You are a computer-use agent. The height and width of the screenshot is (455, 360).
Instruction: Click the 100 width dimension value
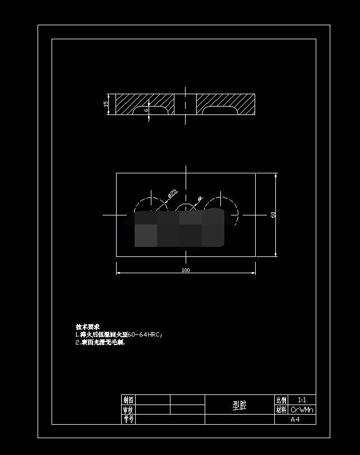pos(186,270)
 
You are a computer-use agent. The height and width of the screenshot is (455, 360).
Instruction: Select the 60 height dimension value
pos(273,215)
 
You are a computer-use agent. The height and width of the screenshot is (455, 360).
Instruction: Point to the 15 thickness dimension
pos(106,104)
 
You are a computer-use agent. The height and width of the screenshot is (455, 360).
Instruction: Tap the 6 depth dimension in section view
pos(146,111)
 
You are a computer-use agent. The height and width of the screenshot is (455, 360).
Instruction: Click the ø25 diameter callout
pos(172,194)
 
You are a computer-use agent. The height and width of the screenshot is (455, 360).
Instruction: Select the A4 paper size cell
pos(295,419)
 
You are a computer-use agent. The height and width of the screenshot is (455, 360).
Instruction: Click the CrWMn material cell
pos(302,410)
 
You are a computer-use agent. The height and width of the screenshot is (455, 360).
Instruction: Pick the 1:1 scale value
pos(302,400)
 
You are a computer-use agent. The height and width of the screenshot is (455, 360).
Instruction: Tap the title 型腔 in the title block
pos(239,405)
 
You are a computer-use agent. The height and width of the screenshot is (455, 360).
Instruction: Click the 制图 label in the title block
pos(128,400)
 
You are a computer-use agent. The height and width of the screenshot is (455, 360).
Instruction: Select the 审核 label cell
pos(128,410)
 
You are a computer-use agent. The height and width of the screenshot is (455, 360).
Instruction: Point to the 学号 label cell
pos(128,419)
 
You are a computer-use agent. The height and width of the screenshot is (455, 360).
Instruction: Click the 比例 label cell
pos(281,400)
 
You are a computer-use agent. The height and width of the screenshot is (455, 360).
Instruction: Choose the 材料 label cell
pos(281,410)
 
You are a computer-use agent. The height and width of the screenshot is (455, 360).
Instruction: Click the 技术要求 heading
pos(87,327)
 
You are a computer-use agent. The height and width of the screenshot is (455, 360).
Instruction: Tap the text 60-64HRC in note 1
pos(145,334)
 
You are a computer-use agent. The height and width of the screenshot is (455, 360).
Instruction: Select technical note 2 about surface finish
pos(100,342)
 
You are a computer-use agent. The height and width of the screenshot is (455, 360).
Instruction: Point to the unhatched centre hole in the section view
pos(186,104)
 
